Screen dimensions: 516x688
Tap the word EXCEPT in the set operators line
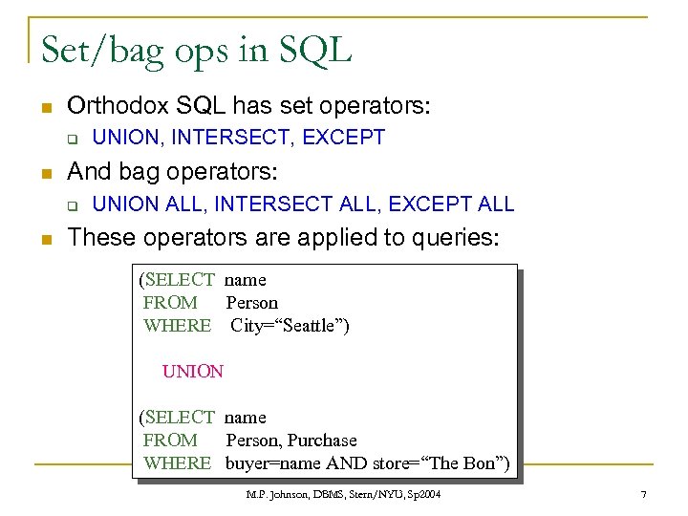[x=343, y=138]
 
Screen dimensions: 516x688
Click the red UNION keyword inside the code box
[x=192, y=372]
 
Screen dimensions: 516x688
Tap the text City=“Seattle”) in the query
[x=290, y=326]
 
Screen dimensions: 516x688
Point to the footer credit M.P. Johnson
[x=277, y=495]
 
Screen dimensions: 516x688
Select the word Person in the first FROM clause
[x=251, y=303]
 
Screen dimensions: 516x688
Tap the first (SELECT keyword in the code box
[x=177, y=280]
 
